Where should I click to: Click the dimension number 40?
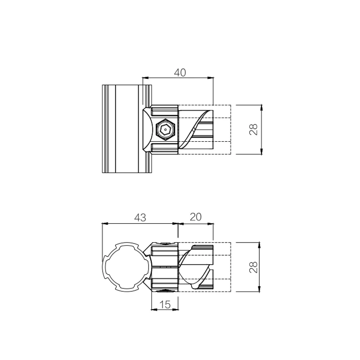click(x=180, y=72)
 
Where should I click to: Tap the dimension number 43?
click(x=140, y=217)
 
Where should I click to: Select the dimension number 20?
click(x=196, y=217)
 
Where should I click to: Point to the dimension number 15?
click(x=165, y=305)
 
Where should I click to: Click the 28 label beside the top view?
click(x=253, y=130)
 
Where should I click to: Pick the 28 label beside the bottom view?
click(x=253, y=267)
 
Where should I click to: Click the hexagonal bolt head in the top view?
click(x=165, y=130)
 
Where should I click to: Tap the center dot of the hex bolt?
click(x=165, y=130)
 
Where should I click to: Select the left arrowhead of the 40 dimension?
click(x=145, y=78)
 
